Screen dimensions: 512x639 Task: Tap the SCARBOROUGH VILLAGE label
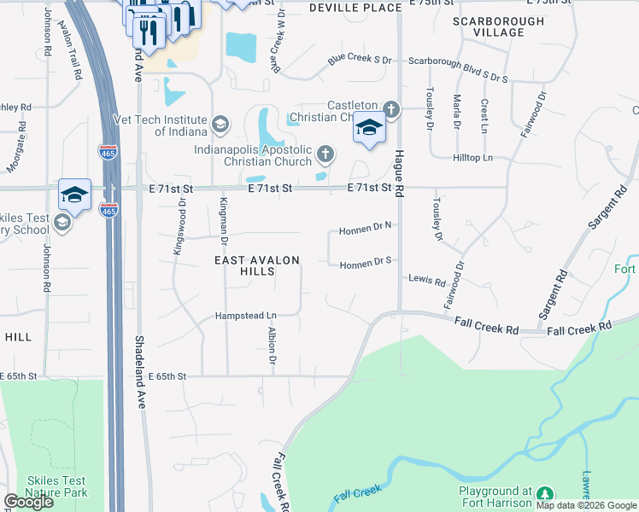(x=498, y=26)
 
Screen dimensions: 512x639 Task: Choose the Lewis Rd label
(x=427, y=280)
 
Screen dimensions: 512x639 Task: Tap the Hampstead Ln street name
(x=246, y=314)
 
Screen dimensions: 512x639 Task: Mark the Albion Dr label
(x=272, y=346)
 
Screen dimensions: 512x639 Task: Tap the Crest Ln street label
(x=484, y=115)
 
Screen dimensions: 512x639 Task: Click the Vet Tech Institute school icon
(x=221, y=125)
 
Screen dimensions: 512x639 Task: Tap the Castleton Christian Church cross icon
(x=390, y=109)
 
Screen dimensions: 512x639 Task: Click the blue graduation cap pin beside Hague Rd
(x=369, y=128)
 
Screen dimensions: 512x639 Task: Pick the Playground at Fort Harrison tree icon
(x=544, y=494)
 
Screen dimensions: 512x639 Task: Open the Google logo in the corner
(x=28, y=502)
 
